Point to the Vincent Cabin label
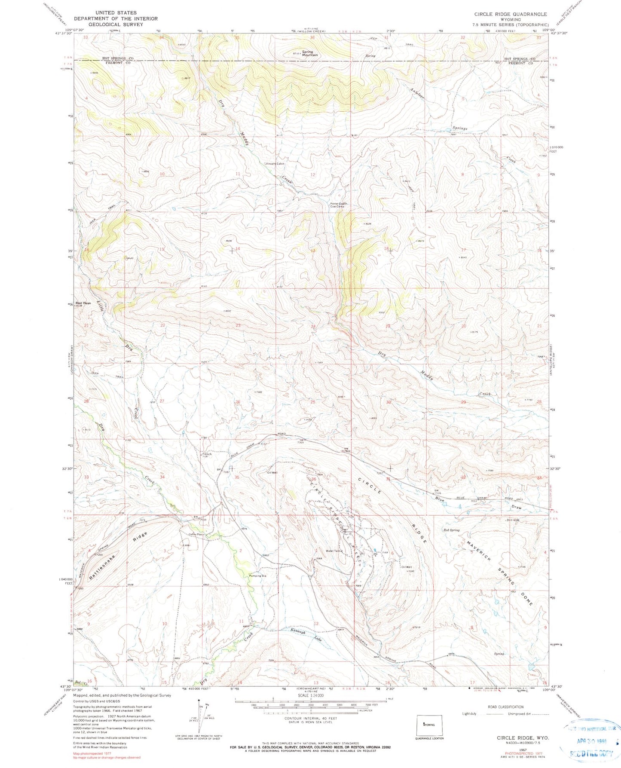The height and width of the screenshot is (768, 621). pos(275,164)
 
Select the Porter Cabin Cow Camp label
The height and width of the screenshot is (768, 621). pos(338,205)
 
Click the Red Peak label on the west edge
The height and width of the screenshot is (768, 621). pos(83,303)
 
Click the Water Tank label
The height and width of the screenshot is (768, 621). pos(333,551)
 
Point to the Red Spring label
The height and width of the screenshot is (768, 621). pos(451,530)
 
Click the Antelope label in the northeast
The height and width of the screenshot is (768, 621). pos(418,92)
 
